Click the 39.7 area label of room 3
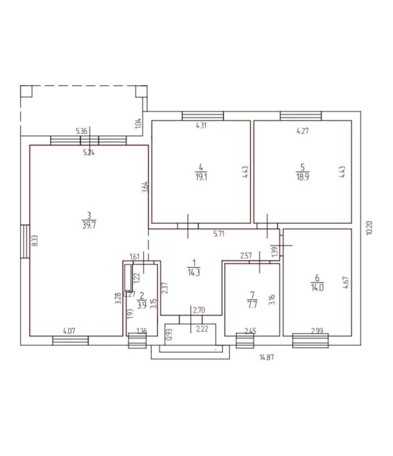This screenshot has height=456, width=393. (x=89, y=225)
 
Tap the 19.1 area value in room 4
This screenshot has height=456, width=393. (x=201, y=177)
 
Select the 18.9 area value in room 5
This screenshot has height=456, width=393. (x=303, y=177)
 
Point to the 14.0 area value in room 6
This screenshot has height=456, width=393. (x=318, y=288)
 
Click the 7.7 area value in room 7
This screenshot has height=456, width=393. (x=252, y=305)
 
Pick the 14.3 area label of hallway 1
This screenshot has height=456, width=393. (x=194, y=272)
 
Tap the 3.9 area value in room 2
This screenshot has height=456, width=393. (x=141, y=305)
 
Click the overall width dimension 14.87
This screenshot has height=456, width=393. (x=267, y=357)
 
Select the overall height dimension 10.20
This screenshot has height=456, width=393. (x=369, y=228)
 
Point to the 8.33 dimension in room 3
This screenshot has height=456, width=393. (x=35, y=240)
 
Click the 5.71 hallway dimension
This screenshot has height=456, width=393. (x=219, y=233)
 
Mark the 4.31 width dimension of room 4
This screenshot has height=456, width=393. (x=201, y=126)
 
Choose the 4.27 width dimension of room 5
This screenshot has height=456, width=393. (x=303, y=131)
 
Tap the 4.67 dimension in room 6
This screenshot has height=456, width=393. (x=345, y=282)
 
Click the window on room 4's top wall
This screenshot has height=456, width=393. (x=203, y=116)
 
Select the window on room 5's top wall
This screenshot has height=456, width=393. (x=301, y=116)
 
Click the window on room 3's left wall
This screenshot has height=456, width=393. (x=25, y=241)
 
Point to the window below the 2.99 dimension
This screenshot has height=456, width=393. (x=310, y=340)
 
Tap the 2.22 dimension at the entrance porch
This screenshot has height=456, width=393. (x=202, y=329)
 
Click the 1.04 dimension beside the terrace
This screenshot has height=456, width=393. (x=138, y=124)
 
